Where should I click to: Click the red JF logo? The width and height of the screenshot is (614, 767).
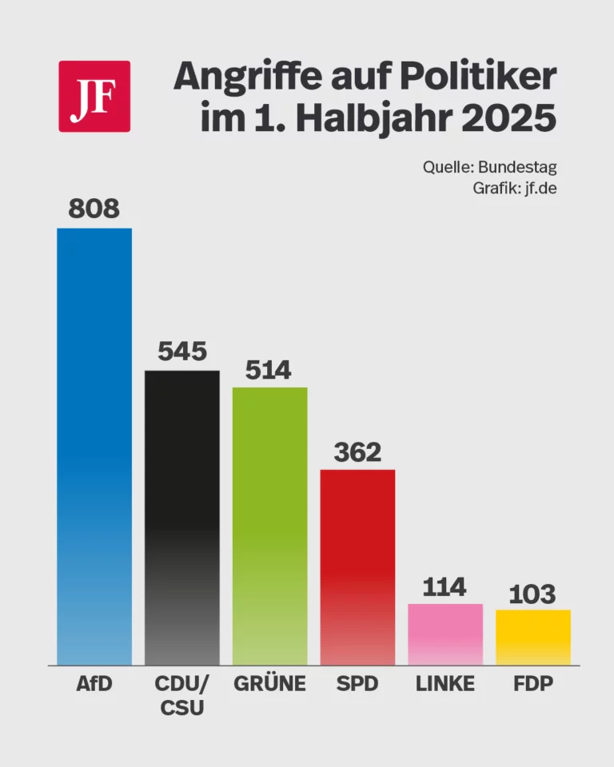pyautogui.click(x=94, y=96)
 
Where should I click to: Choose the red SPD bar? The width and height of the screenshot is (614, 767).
pyautogui.click(x=357, y=566)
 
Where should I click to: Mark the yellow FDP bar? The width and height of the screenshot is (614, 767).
pyautogui.click(x=532, y=637)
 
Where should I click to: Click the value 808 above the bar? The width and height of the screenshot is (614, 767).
pyautogui.click(x=94, y=209)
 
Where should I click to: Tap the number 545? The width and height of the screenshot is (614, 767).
pyautogui.click(x=181, y=352)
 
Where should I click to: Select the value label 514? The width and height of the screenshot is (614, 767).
pyautogui.click(x=269, y=370)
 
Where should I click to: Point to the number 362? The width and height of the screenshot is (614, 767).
pyautogui.click(x=357, y=452)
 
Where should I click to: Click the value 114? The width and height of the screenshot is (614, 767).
pyautogui.click(x=445, y=587)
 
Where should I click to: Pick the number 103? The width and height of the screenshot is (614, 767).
pyautogui.click(x=532, y=594)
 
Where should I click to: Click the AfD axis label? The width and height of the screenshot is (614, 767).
pyautogui.click(x=94, y=684)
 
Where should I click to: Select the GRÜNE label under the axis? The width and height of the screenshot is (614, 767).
pyautogui.click(x=269, y=684)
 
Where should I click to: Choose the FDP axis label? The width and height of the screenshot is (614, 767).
pyautogui.click(x=532, y=684)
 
